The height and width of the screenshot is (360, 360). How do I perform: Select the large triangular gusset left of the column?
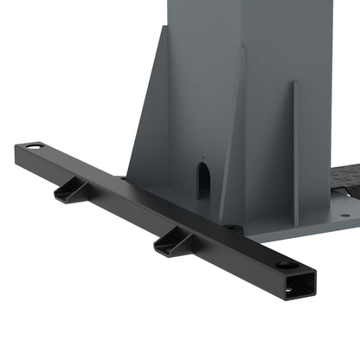pos(146,130)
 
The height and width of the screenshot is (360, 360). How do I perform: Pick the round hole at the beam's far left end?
pos(34,148)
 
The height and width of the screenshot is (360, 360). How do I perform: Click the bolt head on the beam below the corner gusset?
pos(233,228)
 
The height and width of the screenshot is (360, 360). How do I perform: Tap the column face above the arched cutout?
pos(203,87)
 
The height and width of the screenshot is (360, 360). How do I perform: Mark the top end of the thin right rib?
pos(293,84)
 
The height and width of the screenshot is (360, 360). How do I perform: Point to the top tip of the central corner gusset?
pos(243,48)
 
